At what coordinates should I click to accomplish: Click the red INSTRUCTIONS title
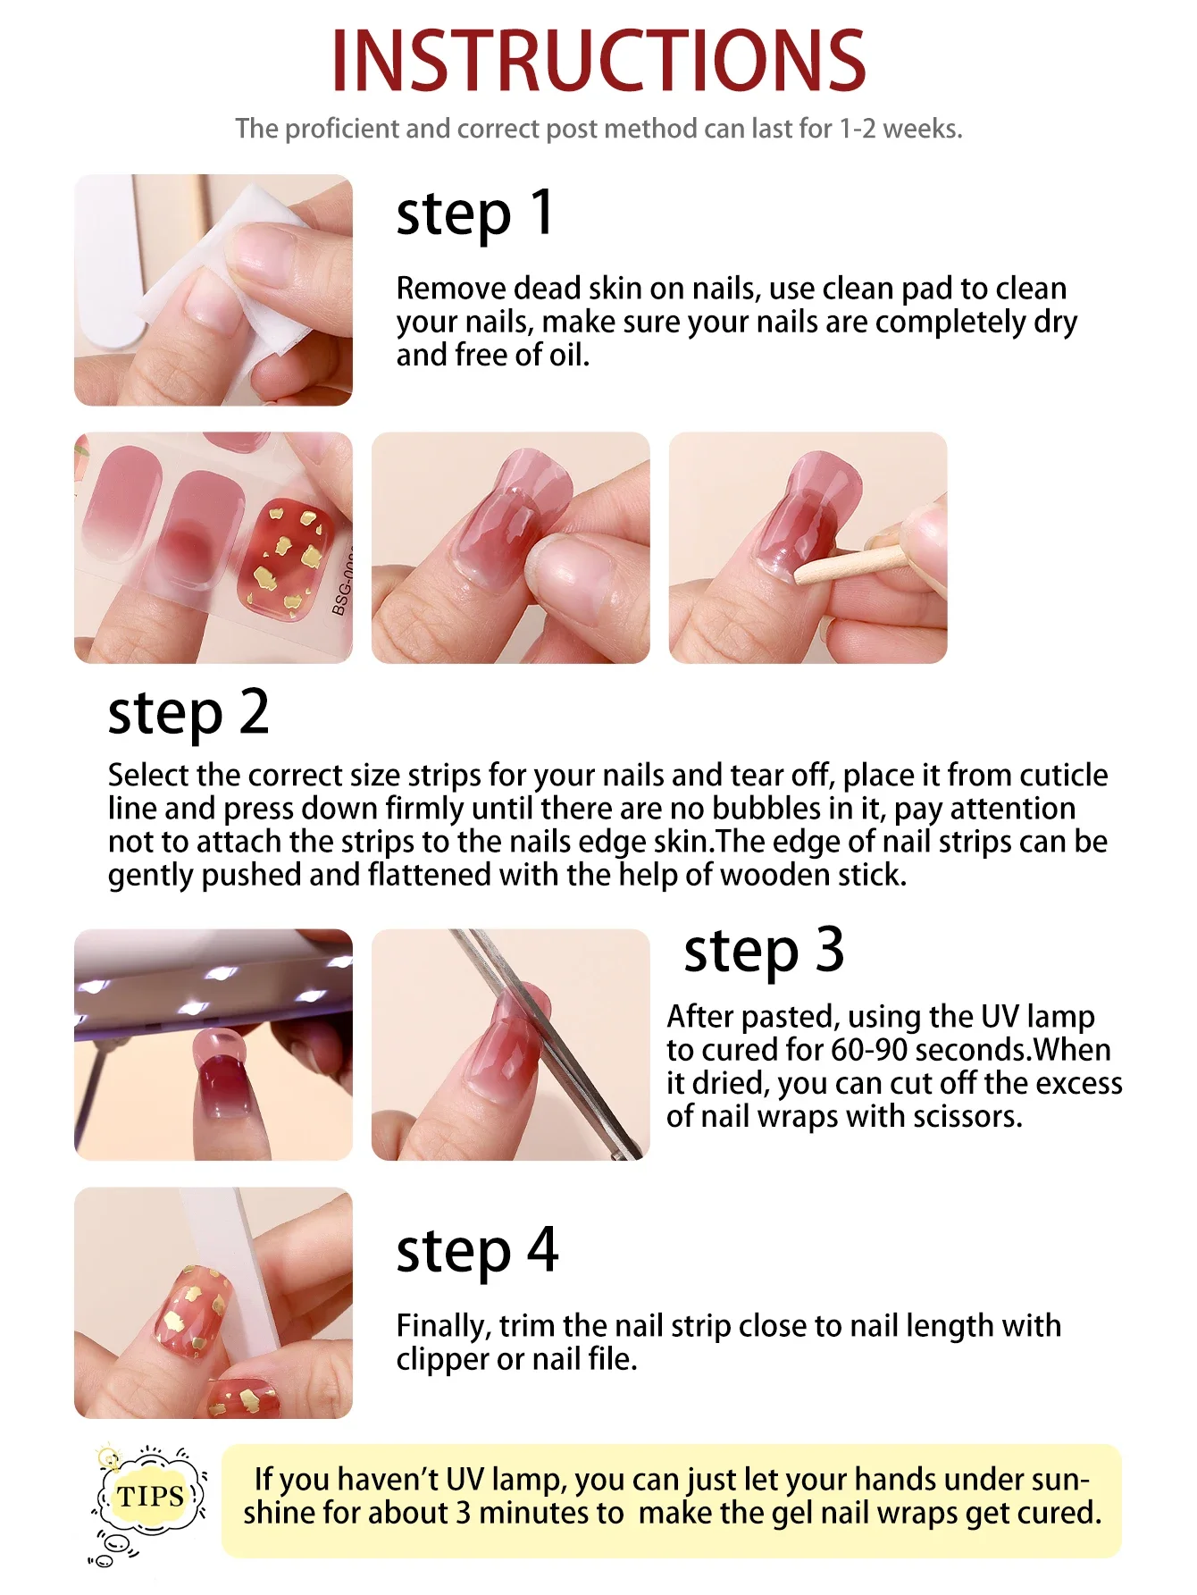(x=598, y=61)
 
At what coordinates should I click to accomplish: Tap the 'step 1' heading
(x=474, y=214)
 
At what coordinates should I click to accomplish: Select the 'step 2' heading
(x=188, y=713)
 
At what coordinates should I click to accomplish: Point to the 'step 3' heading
(x=764, y=951)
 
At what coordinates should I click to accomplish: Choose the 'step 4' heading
(x=477, y=1251)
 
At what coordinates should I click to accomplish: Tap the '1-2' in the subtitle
(x=857, y=129)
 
